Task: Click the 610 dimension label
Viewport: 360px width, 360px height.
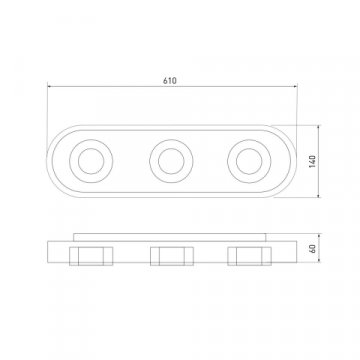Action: coord(170,81)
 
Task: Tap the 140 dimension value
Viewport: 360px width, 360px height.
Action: coord(312,161)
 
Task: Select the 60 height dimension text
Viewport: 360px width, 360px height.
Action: coord(313,249)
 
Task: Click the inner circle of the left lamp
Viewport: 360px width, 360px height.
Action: coord(91,161)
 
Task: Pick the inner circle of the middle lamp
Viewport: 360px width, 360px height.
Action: coord(171,161)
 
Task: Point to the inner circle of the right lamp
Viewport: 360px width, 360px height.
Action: coord(249,161)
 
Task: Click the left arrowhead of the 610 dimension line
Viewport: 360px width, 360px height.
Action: coord(49,86)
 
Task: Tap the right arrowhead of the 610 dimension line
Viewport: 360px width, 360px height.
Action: coord(295,86)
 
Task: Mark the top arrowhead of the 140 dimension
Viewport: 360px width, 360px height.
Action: coord(319,127)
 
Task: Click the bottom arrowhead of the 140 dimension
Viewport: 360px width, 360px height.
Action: coord(319,195)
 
